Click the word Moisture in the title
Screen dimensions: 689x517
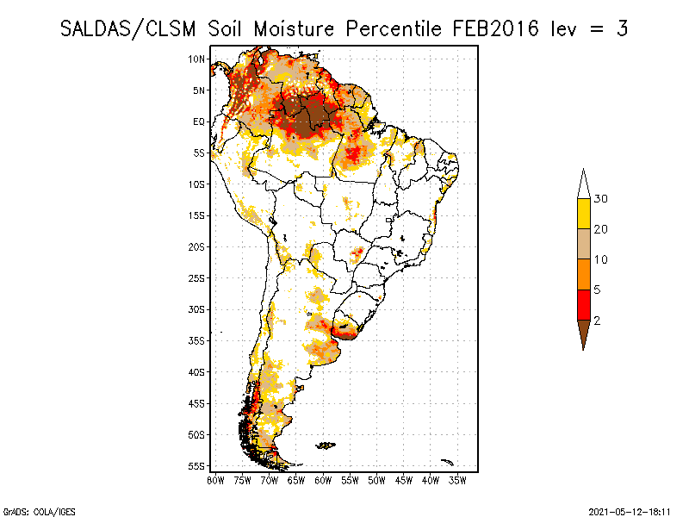[x=294, y=29]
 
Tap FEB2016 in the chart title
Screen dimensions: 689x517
[x=495, y=29]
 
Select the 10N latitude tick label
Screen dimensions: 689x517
[x=196, y=59]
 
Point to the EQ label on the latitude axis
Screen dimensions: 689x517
[x=199, y=121]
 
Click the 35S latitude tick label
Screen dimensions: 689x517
[x=196, y=341]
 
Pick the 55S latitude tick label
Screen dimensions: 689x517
[x=196, y=466]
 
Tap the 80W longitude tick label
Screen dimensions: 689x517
[x=215, y=481]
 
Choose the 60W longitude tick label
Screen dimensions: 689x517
[x=323, y=481]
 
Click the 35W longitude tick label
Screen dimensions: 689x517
[x=457, y=481]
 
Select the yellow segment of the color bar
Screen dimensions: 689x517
[x=584, y=214]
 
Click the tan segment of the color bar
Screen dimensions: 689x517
[x=584, y=244]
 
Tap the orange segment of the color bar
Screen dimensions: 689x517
[x=584, y=274]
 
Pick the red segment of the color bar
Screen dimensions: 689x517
[x=584, y=305]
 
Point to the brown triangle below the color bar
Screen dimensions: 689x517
[x=584, y=332]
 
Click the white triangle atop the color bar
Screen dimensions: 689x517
[x=584, y=186]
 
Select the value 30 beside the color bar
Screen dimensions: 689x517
[x=600, y=199]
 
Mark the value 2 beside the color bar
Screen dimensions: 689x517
[x=597, y=321]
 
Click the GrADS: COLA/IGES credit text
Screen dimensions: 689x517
[x=40, y=512]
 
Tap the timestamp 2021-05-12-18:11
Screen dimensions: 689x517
[x=630, y=512]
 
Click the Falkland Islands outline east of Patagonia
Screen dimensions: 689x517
[x=326, y=445]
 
